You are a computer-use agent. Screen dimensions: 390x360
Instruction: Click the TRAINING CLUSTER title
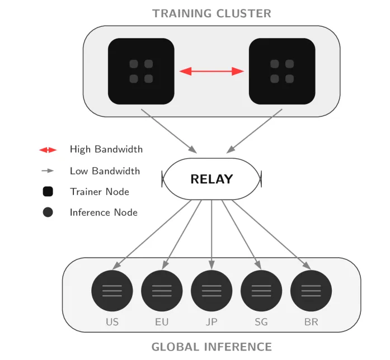click(212, 13)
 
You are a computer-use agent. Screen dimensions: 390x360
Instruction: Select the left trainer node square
click(141, 72)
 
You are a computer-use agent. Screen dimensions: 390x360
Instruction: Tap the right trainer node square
click(282, 72)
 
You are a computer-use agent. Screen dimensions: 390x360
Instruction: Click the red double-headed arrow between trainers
click(212, 72)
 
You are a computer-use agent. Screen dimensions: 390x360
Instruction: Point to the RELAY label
click(212, 179)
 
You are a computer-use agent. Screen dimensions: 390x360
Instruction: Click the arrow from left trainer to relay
click(169, 131)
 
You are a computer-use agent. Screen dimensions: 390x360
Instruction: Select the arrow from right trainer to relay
click(254, 131)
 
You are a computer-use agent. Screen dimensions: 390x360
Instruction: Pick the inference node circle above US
click(112, 291)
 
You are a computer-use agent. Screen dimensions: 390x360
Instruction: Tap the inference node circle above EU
click(162, 291)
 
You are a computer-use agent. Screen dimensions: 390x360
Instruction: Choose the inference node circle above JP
click(212, 291)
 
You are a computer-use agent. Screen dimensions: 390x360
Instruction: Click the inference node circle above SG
click(261, 291)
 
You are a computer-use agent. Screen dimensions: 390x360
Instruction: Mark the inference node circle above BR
click(311, 291)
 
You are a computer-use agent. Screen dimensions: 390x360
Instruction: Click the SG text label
click(261, 322)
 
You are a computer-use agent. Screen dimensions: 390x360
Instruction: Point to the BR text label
click(311, 322)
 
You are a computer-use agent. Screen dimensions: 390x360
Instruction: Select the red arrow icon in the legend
click(48, 150)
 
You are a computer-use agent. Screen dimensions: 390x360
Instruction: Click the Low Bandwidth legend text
click(105, 171)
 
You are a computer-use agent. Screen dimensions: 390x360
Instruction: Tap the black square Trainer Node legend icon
click(48, 192)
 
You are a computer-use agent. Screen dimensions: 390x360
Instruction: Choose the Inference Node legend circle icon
click(48, 212)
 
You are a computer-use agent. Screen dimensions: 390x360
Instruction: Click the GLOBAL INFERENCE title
click(212, 347)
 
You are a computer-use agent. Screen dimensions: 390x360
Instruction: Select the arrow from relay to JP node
click(212, 235)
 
